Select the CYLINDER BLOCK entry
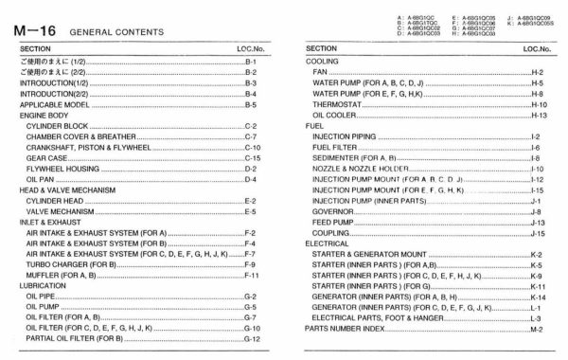(x=57, y=125)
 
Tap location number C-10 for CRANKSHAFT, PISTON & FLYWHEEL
(x=252, y=147)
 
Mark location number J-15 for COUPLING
(x=539, y=232)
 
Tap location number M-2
(x=537, y=329)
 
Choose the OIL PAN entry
(x=41, y=179)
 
